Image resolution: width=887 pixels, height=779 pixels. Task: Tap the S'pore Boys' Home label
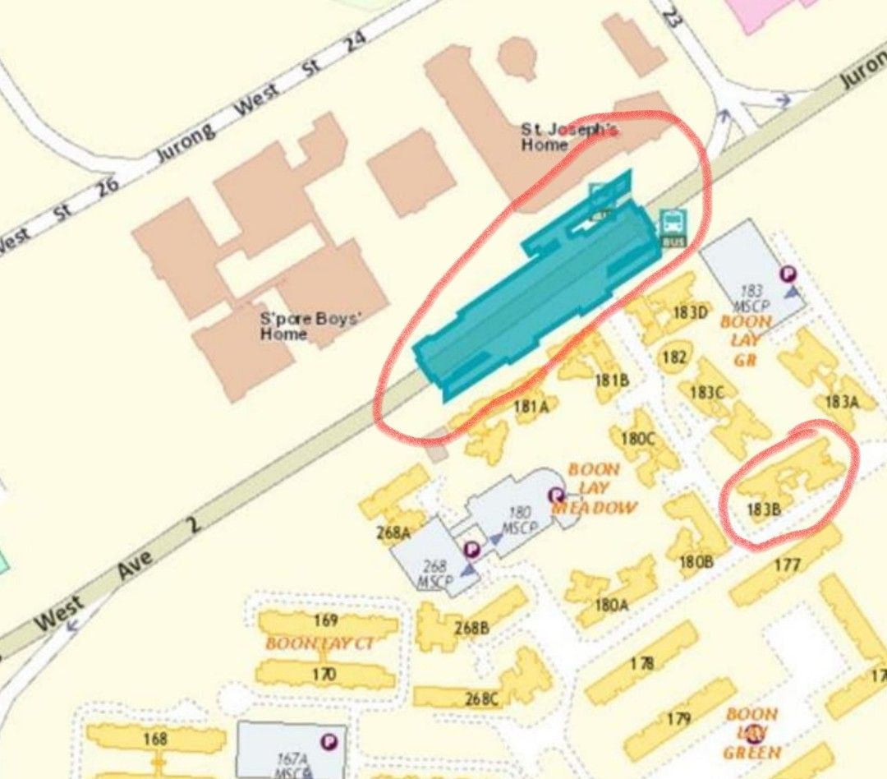point(298,326)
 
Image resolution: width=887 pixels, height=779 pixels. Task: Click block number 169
point(326,620)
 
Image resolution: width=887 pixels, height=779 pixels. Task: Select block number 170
point(324,675)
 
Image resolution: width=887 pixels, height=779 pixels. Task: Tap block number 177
point(787,565)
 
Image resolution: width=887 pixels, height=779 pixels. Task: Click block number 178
point(642,663)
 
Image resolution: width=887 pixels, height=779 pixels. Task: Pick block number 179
point(678,720)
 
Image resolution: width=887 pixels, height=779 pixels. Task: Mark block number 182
point(673,357)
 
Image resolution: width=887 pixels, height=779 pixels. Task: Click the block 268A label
point(393,533)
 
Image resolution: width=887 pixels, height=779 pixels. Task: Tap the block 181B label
point(611,380)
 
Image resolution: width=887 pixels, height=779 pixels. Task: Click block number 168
point(155,739)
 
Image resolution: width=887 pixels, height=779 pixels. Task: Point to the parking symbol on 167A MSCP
point(329,742)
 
